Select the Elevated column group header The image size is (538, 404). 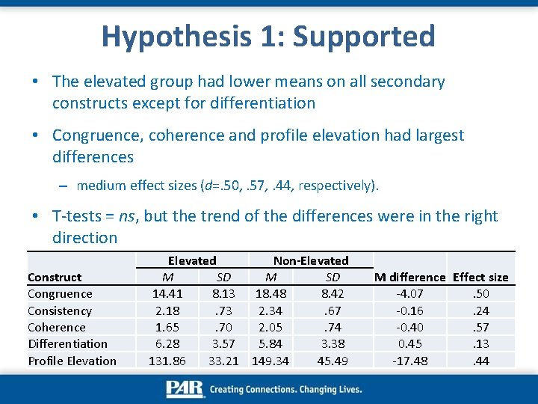[192, 260]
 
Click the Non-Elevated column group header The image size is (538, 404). [311, 260]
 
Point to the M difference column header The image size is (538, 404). [410, 277]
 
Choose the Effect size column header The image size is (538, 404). [480, 277]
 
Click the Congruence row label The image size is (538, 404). [60, 294]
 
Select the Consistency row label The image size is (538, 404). [60, 310]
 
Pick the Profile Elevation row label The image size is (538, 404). [72, 361]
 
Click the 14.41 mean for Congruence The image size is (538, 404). [168, 294]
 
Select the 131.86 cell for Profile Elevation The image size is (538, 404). [168, 361]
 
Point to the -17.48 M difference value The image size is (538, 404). [410, 361]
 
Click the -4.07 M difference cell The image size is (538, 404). [410, 294]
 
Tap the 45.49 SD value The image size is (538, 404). [333, 361]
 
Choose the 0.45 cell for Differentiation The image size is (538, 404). [410, 343]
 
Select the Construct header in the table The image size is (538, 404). [55, 277]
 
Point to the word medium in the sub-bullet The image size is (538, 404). [100, 185]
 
